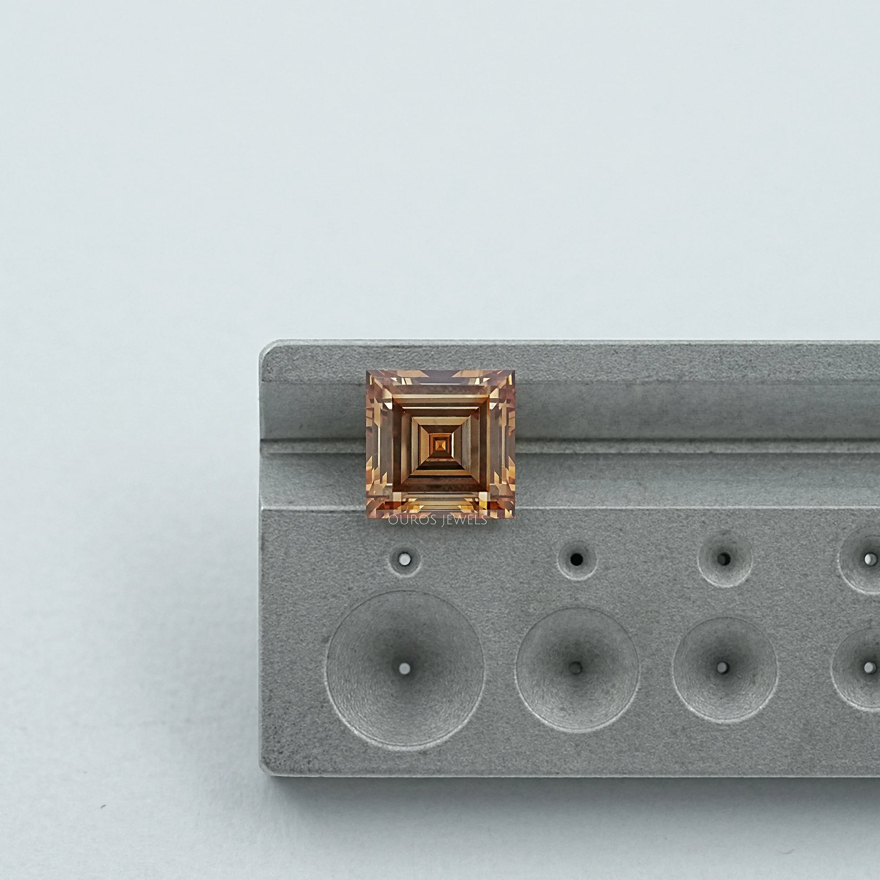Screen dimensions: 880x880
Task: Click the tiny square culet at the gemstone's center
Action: point(440,444)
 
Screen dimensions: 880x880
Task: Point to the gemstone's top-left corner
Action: point(367,371)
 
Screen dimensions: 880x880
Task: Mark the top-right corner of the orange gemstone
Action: point(514,371)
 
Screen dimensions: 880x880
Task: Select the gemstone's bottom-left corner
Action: point(367,518)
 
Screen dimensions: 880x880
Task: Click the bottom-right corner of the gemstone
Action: point(514,518)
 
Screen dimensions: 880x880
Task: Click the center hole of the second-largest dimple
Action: point(577,668)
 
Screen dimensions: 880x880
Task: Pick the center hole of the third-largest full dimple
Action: point(722,668)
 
